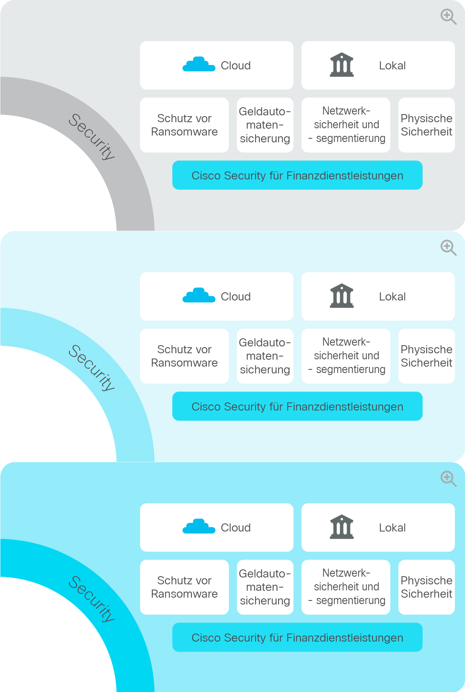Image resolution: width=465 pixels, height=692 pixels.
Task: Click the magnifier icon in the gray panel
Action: click(448, 17)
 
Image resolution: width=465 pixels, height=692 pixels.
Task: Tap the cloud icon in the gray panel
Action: click(199, 64)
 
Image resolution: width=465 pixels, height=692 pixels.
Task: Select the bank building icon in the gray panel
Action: click(342, 65)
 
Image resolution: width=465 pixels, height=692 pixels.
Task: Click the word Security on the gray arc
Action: click(92, 137)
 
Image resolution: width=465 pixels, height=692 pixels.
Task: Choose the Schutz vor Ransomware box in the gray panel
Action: click(184, 125)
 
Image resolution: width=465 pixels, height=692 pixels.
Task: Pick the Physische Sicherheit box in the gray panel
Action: click(427, 125)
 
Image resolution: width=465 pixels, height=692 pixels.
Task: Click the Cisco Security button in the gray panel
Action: click(297, 175)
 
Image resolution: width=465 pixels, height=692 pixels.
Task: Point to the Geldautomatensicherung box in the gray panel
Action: click(265, 125)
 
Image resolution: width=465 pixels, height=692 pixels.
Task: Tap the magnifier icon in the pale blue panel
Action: click(448, 248)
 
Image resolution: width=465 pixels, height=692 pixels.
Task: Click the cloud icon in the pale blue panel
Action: click(199, 295)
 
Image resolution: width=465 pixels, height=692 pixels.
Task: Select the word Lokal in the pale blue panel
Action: click(392, 297)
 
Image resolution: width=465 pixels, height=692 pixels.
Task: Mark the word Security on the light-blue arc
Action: click(92, 368)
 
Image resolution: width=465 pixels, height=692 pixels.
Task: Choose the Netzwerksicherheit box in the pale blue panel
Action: click(346, 356)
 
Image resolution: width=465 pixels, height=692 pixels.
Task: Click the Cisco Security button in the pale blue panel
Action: click(297, 406)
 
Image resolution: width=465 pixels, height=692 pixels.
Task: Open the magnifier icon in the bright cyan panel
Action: click(448, 479)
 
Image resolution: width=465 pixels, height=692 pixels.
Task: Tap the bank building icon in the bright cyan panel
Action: click(342, 527)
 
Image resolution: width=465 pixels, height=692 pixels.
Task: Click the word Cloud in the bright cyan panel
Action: click(236, 528)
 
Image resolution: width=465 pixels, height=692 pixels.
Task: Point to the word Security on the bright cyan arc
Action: click(92, 599)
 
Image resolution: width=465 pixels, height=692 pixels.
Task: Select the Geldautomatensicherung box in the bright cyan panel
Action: click(265, 587)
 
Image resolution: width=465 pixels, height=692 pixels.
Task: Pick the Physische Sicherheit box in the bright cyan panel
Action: click(427, 587)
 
